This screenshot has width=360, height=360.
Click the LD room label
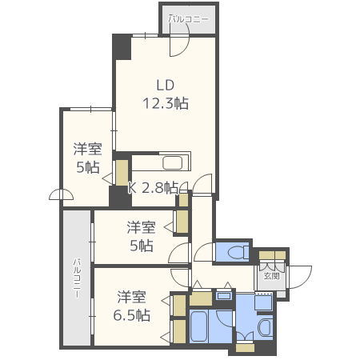[x=165, y=86]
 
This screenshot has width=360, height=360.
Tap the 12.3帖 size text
[x=165, y=102]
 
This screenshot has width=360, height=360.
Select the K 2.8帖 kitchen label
[x=153, y=188]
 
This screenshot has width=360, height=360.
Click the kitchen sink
[x=172, y=163]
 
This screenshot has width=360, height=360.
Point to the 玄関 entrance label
[x=271, y=276]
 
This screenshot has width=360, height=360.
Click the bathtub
[x=201, y=328]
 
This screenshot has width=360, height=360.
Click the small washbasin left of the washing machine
[x=223, y=297]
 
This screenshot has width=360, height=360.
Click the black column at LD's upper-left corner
[x=121, y=46]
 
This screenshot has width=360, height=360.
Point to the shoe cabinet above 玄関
[x=271, y=258]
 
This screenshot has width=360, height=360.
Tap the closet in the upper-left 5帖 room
[x=122, y=173]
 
